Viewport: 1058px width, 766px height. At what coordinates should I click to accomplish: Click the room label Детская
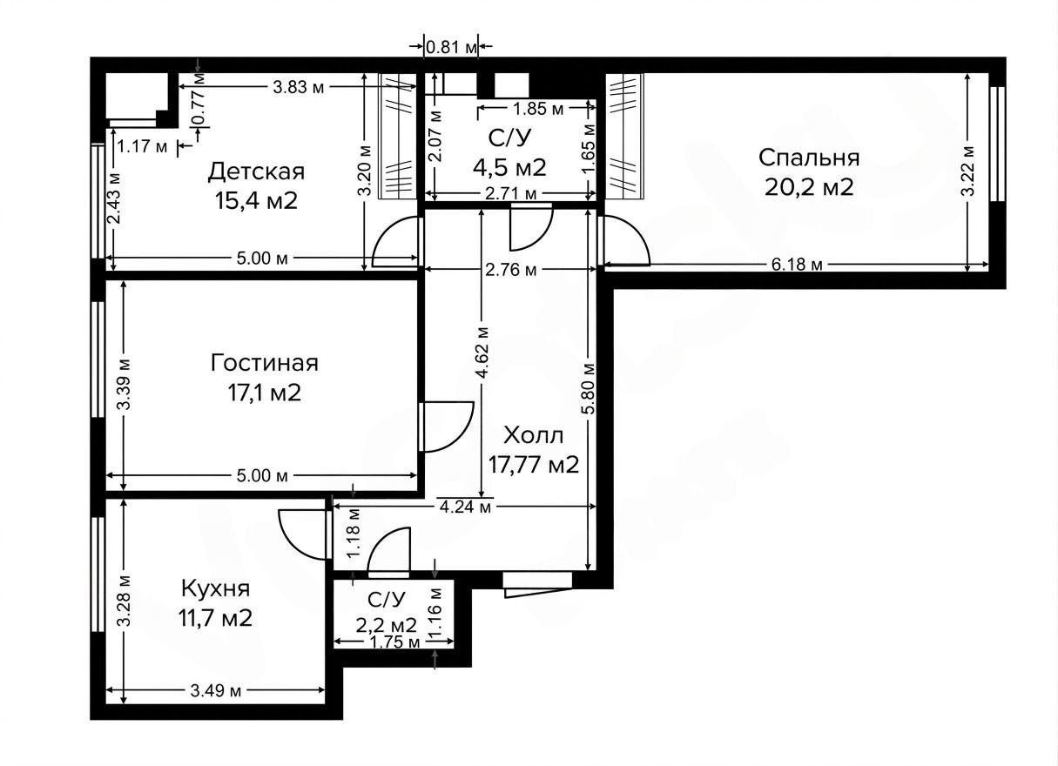click(257, 171)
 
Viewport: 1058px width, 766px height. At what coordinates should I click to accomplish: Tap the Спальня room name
click(809, 158)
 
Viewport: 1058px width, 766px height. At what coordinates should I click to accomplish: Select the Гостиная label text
click(265, 363)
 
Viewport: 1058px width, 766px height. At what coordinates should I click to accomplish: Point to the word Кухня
click(216, 589)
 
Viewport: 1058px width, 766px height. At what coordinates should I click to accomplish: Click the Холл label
click(533, 435)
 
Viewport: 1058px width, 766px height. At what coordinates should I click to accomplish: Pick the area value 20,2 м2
click(809, 187)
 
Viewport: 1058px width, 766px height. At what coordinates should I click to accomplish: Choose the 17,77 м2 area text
click(533, 465)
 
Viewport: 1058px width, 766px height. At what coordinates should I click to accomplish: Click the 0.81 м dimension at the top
click(451, 47)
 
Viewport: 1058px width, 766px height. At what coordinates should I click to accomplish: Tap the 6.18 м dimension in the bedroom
click(798, 265)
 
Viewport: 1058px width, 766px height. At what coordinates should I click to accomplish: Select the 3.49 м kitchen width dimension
click(216, 691)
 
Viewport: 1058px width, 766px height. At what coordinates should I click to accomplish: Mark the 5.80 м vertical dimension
click(589, 389)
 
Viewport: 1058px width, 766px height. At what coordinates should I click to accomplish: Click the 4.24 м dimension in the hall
click(465, 507)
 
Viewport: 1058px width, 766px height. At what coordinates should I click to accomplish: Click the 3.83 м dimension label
click(299, 87)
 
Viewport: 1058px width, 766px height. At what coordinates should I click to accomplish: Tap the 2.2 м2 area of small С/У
click(387, 625)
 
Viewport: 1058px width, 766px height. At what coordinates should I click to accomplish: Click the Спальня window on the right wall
click(997, 144)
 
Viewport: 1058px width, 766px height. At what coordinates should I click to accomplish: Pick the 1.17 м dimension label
click(142, 147)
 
